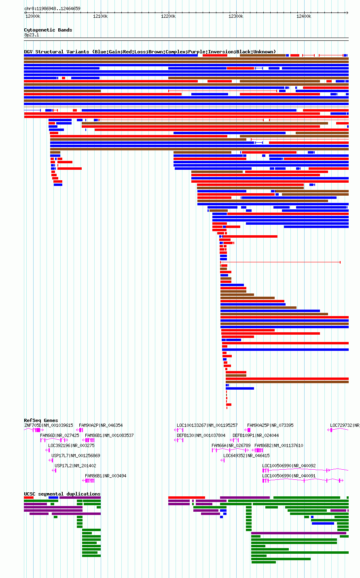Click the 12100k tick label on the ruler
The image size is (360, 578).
point(100,16)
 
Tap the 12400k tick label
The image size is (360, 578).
point(304,16)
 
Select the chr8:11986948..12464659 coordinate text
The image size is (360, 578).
point(52,8)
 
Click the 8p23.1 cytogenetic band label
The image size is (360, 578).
point(32,35)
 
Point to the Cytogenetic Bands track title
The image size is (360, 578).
point(48,30)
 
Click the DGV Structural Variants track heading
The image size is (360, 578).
point(150,52)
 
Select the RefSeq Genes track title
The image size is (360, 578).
point(41,420)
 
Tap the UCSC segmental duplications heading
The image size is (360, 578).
point(62,494)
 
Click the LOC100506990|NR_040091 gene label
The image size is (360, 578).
point(289,476)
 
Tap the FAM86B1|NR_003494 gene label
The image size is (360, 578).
point(106,476)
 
